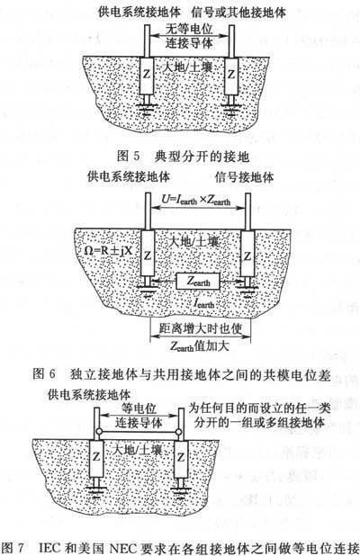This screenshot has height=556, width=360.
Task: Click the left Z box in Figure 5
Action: (147, 76)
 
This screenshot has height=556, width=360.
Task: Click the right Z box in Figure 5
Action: (231, 76)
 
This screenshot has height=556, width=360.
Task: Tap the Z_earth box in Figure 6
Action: (198, 282)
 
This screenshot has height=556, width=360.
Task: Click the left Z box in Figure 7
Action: (96, 458)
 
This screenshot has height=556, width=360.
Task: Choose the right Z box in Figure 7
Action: (181, 458)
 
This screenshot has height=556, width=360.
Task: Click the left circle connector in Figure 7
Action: (98, 432)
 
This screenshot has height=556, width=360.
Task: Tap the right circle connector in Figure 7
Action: (179, 432)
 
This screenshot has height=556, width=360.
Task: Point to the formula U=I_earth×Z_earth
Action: (196, 200)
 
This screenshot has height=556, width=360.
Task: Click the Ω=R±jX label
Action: (108, 250)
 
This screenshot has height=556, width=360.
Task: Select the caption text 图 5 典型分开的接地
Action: (183, 157)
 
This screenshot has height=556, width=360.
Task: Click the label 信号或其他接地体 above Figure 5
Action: (238, 13)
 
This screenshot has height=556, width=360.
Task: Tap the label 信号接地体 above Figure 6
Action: (245, 177)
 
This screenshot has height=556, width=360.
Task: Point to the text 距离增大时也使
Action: (201, 328)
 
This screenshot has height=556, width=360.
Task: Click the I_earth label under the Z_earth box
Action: (203, 303)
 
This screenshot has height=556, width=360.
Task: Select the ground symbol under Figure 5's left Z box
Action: (147, 107)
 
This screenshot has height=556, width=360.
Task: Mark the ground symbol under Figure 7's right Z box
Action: (181, 489)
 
